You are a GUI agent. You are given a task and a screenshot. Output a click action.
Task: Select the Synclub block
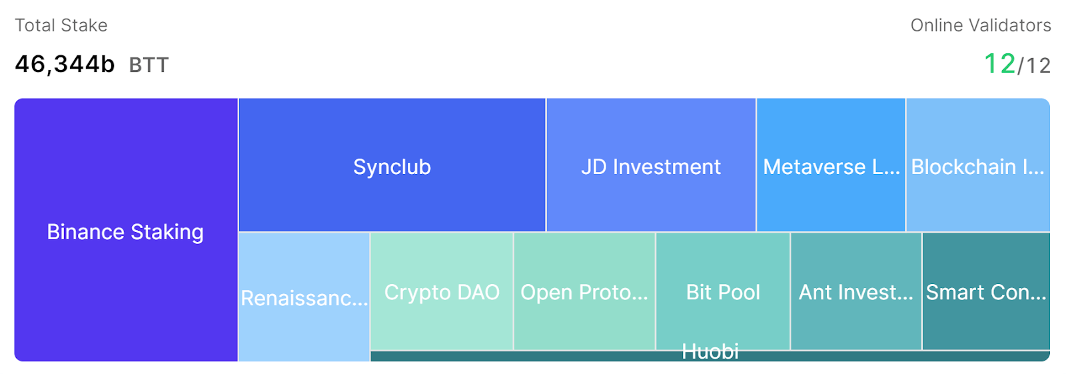pyautogui.click(x=392, y=166)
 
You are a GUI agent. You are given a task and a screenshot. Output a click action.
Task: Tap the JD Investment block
pyautogui.click(x=650, y=166)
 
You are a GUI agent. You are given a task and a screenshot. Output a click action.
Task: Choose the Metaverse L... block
pyautogui.click(x=831, y=166)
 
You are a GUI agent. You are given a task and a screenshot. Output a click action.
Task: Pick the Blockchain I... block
pyautogui.click(x=977, y=166)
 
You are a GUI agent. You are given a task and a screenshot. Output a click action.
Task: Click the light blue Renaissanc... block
pyautogui.click(x=304, y=297)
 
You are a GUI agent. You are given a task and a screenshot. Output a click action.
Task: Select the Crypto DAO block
pyautogui.click(x=442, y=292)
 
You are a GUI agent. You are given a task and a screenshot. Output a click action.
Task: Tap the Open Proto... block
pyautogui.click(x=584, y=292)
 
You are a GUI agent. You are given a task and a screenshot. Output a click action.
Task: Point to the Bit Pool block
pyautogui.click(x=723, y=292)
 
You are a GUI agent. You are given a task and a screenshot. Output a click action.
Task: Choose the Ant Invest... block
pyautogui.click(x=855, y=292)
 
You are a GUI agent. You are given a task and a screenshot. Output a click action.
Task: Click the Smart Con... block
pyautogui.click(x=986, y=292)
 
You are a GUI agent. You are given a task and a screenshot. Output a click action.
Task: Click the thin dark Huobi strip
pyautogui.click(x=866, y=356)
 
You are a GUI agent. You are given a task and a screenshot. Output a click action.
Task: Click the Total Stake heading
pyautogui.click(x=61, y=25)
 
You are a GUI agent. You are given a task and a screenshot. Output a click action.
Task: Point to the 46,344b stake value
pyautogui.click(x=65, y=64)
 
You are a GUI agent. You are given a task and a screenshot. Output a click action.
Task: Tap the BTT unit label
pyautogui.click(x=149, y=65)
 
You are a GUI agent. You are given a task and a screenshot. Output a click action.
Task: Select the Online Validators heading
pyautogui.click(x=981, y=25)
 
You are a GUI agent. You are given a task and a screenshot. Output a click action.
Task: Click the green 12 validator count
pyautogui.click(x=999, y=64)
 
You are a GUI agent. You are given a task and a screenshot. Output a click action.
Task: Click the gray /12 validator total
pyautogui.click(x=1035, y=65)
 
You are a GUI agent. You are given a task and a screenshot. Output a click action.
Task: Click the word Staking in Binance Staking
pyautogui.click(x=167, y=232)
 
